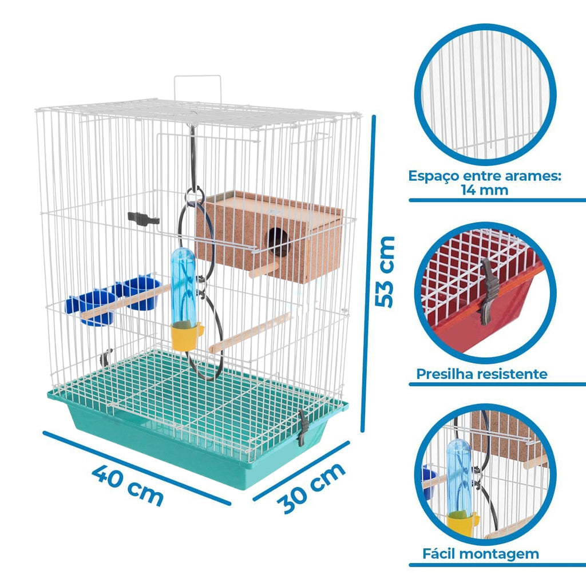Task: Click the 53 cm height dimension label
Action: pyautogui.click(x=385, y=272)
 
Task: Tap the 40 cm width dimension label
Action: pyautogui.click(x=128, y=485)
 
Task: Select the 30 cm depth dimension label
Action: pyautogui.click(x=311, y=488)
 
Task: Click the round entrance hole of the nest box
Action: pyautogui.click(x=278, y=242)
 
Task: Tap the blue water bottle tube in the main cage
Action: pyautogui.click(x=184, y=286)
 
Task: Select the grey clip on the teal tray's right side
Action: pyautogui.click(x=303, y=428)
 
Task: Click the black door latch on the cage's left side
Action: pyautogui.click(x=143, y=219)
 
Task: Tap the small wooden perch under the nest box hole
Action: pyautogui.click(x=263, y=270)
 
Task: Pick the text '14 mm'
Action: pyautogui.click(x=484, y=190)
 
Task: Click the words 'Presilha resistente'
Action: pyautogui.click(x=482, y=374)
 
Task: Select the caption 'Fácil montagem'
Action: pyautogui.click(x=481, y=553)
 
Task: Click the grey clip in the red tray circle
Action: pyautogui.click(x=489, y=291)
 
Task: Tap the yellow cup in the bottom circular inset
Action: pyautogui.click(x=462, y=524)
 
